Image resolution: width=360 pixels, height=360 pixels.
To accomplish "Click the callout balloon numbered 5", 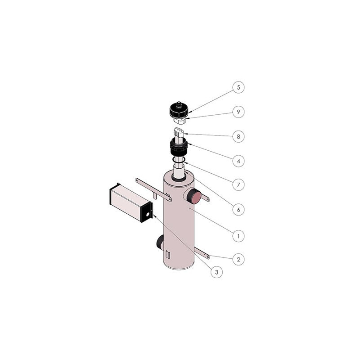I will coord(238,87).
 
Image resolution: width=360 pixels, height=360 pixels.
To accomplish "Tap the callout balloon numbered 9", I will coord(238,111).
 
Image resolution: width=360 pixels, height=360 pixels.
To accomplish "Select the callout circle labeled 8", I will coord(238,136).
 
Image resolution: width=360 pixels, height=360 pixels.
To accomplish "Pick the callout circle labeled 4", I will coord(238,160).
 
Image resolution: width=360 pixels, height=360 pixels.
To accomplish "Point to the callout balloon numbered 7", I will coord(238,184).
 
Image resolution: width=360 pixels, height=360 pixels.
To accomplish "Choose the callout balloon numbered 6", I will coord(238,209).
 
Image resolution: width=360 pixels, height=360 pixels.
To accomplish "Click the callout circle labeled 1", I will coord(238,234).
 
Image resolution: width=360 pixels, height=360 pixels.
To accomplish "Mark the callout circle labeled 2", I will coord(238,259).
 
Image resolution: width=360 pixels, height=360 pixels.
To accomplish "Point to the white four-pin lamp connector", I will coord(180,132).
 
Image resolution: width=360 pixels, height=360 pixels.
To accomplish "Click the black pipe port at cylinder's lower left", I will coord(160,243).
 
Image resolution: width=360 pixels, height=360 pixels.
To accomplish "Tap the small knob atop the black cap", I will coord(180,103).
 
